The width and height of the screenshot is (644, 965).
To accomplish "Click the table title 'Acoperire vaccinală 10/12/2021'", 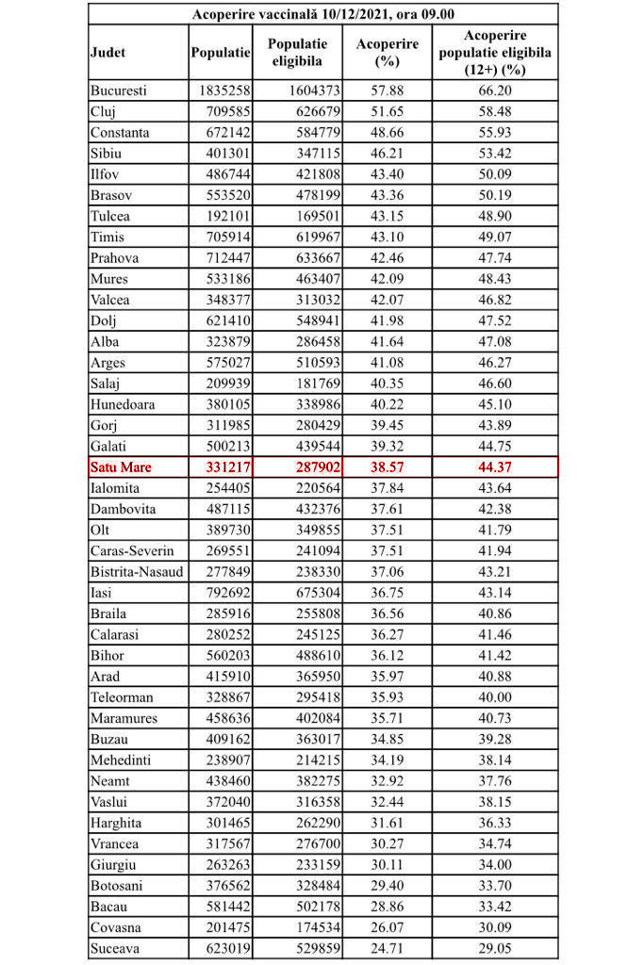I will coord(322,14).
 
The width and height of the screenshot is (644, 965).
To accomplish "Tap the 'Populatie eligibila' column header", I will coord(297,53).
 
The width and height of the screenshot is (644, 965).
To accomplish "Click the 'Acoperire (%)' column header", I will coord(388,53).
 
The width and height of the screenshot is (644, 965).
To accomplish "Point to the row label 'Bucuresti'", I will coord(120,91).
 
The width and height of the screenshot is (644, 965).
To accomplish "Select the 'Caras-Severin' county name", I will coord(133,551).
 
